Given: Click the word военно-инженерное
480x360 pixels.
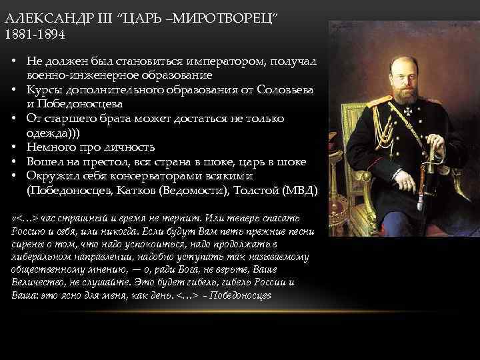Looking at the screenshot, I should pos(83,75).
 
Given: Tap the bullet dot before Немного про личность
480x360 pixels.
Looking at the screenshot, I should pos(13,147).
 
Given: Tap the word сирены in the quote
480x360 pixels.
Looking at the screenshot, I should pos(28,243).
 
